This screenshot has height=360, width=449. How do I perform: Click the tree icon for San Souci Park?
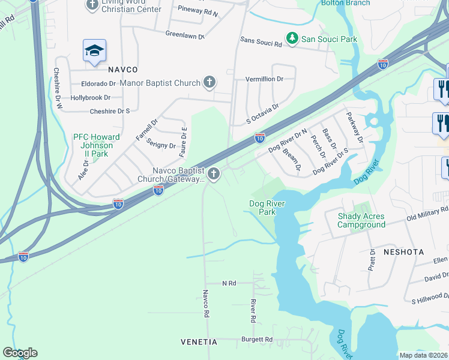pyautogui.click(x=292, y=39)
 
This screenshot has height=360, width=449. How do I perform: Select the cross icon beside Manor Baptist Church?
pyautogui.click(x=209, y=83)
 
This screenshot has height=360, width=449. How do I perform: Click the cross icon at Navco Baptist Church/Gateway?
pyautogui.click(x=214, y=175)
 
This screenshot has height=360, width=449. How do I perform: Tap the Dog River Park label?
pyautogui.click(x=267, y=208)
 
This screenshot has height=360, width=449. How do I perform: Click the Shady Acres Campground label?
pyautogui.click(x=361, y=220)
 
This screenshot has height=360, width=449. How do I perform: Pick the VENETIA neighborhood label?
pyautogui.click(x=199, y=341)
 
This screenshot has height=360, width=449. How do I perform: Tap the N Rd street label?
pyautogui.click(x=229, y=283)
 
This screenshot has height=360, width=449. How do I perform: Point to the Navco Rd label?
pyautogui.click(x=205, y=304)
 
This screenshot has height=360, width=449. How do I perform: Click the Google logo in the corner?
pyautogui.click(x=20, y=353)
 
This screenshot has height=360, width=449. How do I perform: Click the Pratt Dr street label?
pyautogui.click(x=372, y=259)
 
